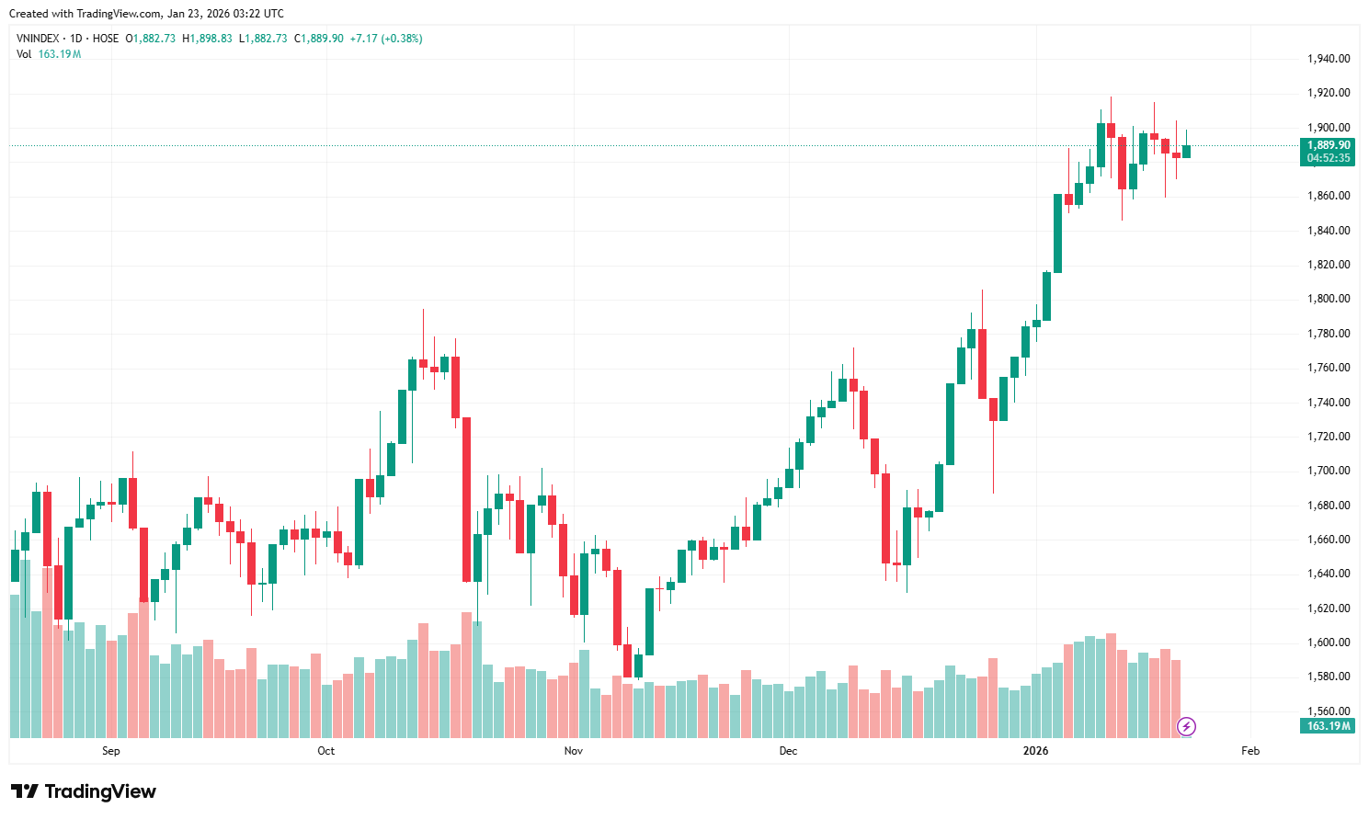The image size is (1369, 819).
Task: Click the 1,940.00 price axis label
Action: pos(1328,59)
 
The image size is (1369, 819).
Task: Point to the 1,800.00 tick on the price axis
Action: pos(1328,299)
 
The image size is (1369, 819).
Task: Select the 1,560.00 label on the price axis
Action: pos(1328,711)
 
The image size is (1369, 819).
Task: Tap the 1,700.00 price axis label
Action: pos(1328,471)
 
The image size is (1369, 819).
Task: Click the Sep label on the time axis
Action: pos(111,751)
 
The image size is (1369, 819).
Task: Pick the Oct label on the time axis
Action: pos(326,751)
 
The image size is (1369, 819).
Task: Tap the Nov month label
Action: pos(574,751)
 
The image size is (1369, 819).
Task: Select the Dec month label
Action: pos(788,751)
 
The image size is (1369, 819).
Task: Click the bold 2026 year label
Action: pos(1036,751)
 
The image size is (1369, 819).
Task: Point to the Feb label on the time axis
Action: pos(1250,751)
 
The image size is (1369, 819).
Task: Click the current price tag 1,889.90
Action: pos(1329,145)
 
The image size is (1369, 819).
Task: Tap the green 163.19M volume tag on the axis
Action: pos(1329,726)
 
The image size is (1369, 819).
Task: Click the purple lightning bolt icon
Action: pos(1187,727)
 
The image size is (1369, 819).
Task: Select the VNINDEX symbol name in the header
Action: pos(38,39)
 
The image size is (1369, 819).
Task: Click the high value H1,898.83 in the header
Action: pos(207,39)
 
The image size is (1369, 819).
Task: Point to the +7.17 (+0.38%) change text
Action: pos(386,39)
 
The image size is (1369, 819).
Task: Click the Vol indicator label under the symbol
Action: pos(24,54)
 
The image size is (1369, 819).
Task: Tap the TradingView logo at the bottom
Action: pos(84,791)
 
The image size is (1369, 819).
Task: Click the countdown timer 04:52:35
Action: pos(1329,158)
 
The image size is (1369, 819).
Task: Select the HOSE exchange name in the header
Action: pos(106,39)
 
